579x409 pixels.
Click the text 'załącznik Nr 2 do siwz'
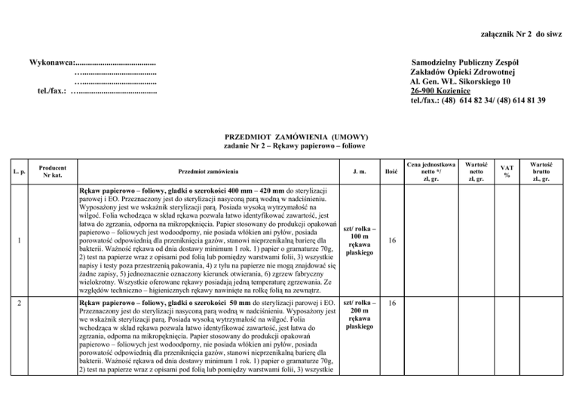(x=525, y=34)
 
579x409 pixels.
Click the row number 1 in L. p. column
(x=18, y=241)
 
